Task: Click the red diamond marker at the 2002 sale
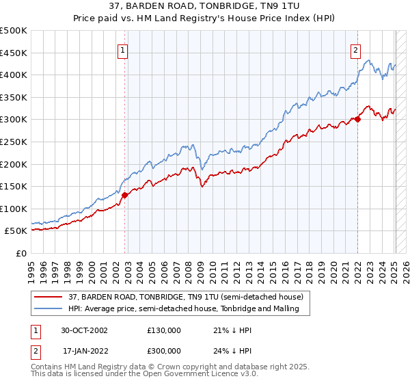[x=124, y=195]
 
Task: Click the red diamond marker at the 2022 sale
[x=357, y=119]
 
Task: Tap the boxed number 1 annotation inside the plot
[x=122, y=49]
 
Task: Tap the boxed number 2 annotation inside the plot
[x=356, y=49]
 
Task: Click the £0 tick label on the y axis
[x=21, y=253]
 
